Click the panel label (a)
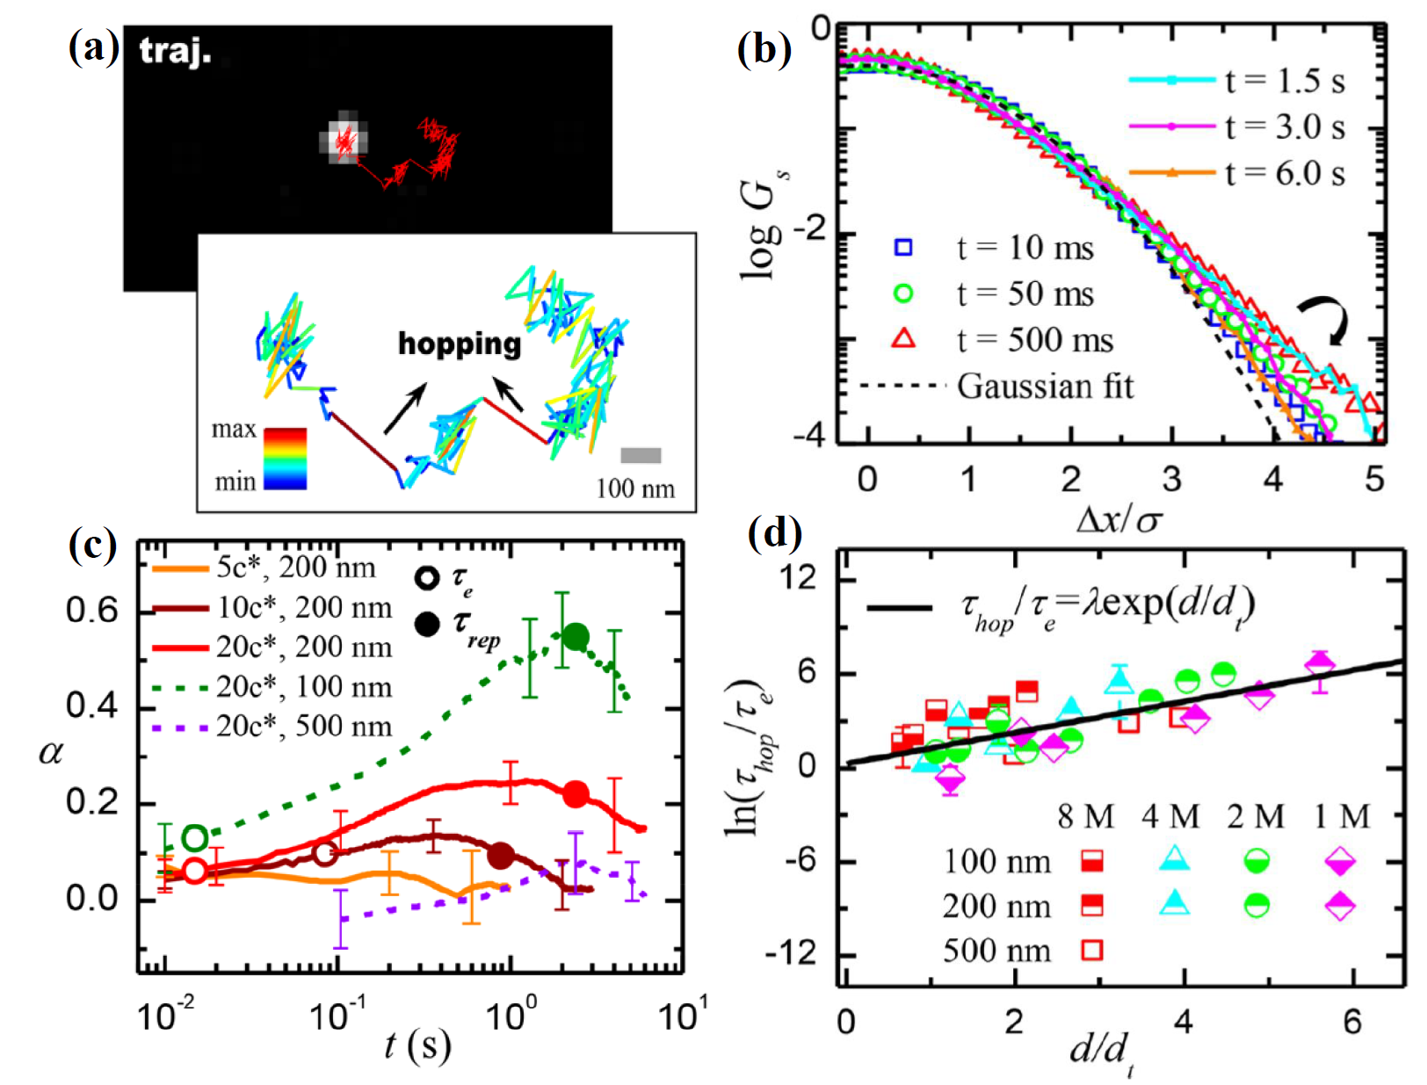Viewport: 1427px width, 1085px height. (92, 48)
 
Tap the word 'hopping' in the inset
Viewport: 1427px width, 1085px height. (460, 344)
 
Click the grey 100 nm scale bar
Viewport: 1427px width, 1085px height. (641, 455)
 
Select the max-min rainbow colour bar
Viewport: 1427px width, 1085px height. (286, 458)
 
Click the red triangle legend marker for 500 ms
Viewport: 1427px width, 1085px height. (903, 339)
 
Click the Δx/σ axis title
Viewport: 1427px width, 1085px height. (1118, 520)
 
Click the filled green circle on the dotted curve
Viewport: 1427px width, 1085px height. (576, 637)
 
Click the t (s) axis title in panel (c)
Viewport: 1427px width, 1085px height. (417, 1045)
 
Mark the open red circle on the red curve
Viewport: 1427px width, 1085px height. (195, 871)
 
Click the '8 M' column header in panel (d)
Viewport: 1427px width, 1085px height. (1085, 817)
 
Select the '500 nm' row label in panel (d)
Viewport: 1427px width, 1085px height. (996, 951)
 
